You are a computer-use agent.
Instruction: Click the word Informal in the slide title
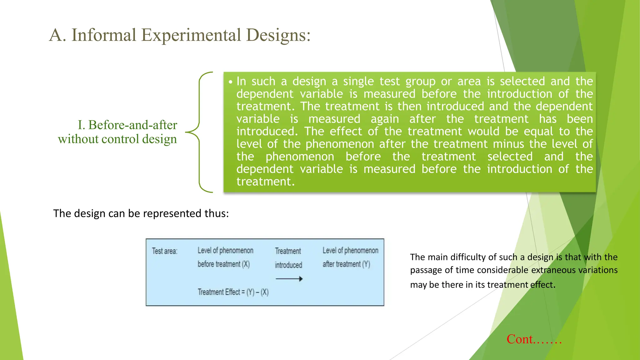pyautogui.click(x=104, y=35)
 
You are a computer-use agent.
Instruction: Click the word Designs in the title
pyautogui.click(x=277, y=35)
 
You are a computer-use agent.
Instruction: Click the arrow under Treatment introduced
pyautogui.click(x=289, y=279)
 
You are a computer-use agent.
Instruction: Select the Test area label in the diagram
pyautogui.click(x=165, y=251)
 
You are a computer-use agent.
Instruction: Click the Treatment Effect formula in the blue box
pyautogui.click(x=233, y=292)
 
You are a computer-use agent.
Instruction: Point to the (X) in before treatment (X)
pyautogui.click(x=246, y=264)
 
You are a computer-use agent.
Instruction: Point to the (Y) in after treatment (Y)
pyautogui.click(x=366, y=264)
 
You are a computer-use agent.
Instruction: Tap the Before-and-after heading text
pyautogui.click(x=127, y=125)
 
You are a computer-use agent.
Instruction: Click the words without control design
pyautogui.click(x=117, y=139)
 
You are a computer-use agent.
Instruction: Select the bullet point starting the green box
pyautogui.click(x=231, y=82)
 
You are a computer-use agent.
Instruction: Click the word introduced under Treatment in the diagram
pyautogui.click(x=288, y=265)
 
